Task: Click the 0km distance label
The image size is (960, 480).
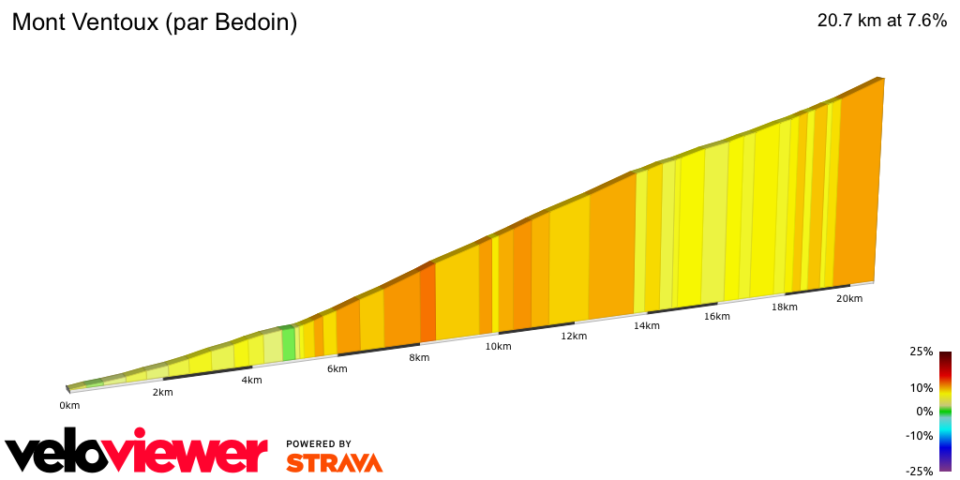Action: click(69, 405)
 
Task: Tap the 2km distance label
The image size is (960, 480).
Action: click(162, 392)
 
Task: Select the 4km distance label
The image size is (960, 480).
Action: click(251, 380)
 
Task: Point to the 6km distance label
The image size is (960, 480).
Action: click(337, 368)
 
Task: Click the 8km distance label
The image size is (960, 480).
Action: click(419, 357)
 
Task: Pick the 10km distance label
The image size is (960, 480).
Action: click(498, 346)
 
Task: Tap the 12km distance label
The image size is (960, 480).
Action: click(574, 336)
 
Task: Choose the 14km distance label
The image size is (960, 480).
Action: click(647, 325)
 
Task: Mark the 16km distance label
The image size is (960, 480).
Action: click(717, 316)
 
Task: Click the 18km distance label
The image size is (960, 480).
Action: click(785, 307)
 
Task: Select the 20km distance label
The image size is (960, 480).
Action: click(849, 298)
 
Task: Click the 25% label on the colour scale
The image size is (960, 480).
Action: click(921, 352)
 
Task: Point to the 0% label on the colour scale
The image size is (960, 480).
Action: click(924, 411)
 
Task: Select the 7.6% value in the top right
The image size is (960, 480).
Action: click(920, 21)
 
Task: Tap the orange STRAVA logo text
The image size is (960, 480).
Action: click(334, 462)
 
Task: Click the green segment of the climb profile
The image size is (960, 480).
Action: click(289, 342)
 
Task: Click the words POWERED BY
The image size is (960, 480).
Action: click(319, 443)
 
